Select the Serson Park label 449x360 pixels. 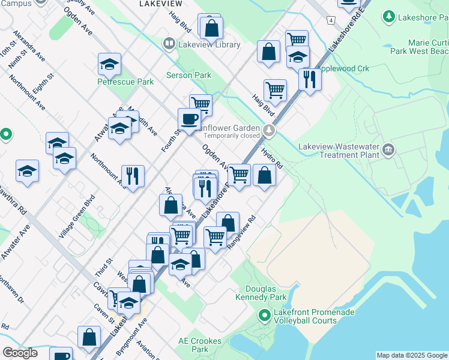189,76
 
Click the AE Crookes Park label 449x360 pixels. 200,345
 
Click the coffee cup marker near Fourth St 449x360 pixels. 189,119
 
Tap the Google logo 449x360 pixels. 20,353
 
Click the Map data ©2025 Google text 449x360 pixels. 412,355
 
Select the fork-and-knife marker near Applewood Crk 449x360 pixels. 309,79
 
